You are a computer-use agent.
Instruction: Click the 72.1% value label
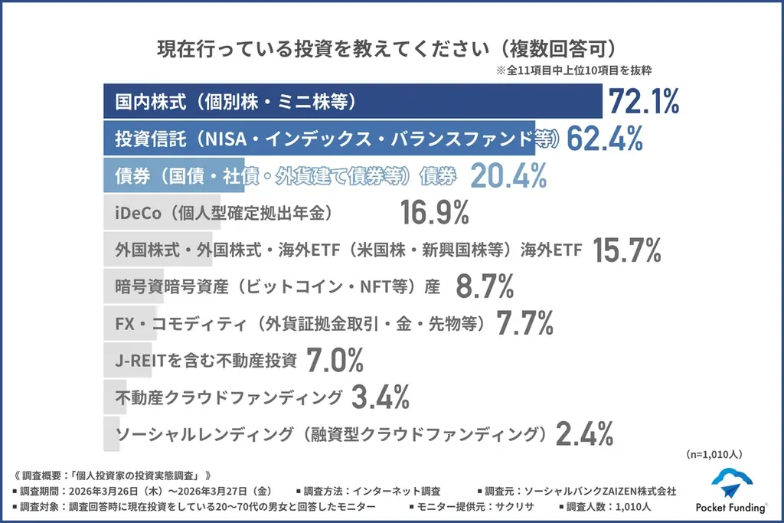(x=642, y=102)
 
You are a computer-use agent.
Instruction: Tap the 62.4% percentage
(x=604, y=139)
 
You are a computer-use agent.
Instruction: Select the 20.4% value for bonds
(x=508, y=176)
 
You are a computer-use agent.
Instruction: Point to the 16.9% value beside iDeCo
(x=434, y=213)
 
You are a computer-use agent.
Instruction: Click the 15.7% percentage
(x=626, y=250)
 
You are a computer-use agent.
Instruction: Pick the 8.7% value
(x=485, y=286)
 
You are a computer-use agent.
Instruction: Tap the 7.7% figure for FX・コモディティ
(x=524, y=323)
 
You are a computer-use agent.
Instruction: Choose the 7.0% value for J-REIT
(x=335, y=360)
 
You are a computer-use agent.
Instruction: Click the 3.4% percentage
(x=381, y=397)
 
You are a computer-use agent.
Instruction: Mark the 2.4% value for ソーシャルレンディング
(x=584, y=434)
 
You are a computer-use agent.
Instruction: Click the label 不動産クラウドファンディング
(x=228, y=397)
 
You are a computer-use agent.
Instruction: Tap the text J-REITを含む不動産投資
(x=205, y=360)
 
